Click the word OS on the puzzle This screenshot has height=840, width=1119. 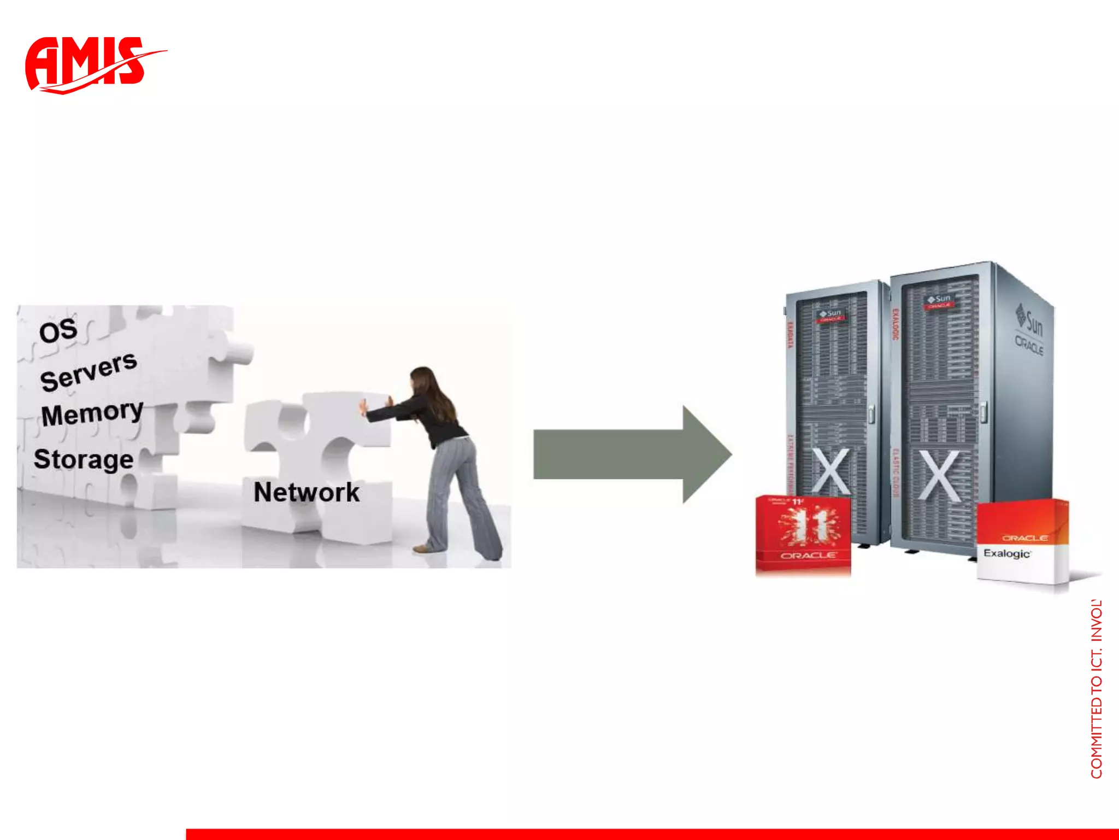tap(58, 331)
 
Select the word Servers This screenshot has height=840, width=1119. tap(89, 371)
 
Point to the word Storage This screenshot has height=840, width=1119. tap(84, 459)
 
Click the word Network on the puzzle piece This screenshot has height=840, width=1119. tap(307, 492)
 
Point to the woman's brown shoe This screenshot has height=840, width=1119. tap(421, 548)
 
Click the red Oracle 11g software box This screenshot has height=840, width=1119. tap(803, 535)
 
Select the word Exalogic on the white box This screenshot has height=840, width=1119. tap(1006, 553)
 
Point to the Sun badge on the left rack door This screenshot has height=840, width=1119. tap(830, 315)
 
